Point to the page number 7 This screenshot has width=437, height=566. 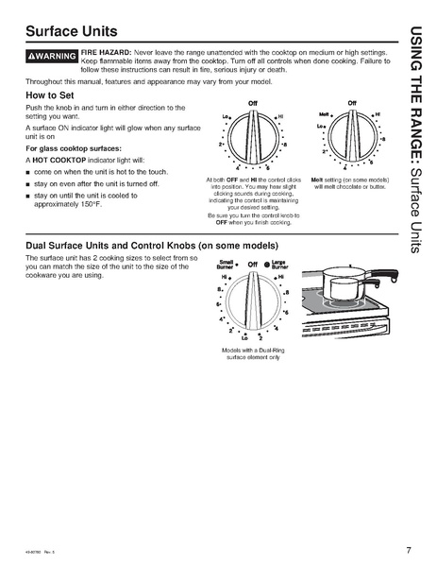pos(408,549)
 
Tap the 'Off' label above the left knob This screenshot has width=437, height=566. pos(252,101)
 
